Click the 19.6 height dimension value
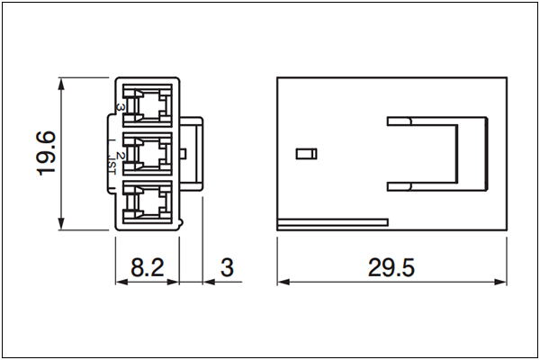[x=46, y=153]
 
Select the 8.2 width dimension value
[x=148, y=267]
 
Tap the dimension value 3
[x=227, y=267]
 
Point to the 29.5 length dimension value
[x=391, y=267]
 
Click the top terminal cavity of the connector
[x=148, y=104]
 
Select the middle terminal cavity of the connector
[x=148, y=154]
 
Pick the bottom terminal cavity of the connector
[x=148, y=202]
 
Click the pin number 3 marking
[x=119, y=107]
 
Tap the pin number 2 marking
[x=119, y=156]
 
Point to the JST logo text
[x=112, y=166]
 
